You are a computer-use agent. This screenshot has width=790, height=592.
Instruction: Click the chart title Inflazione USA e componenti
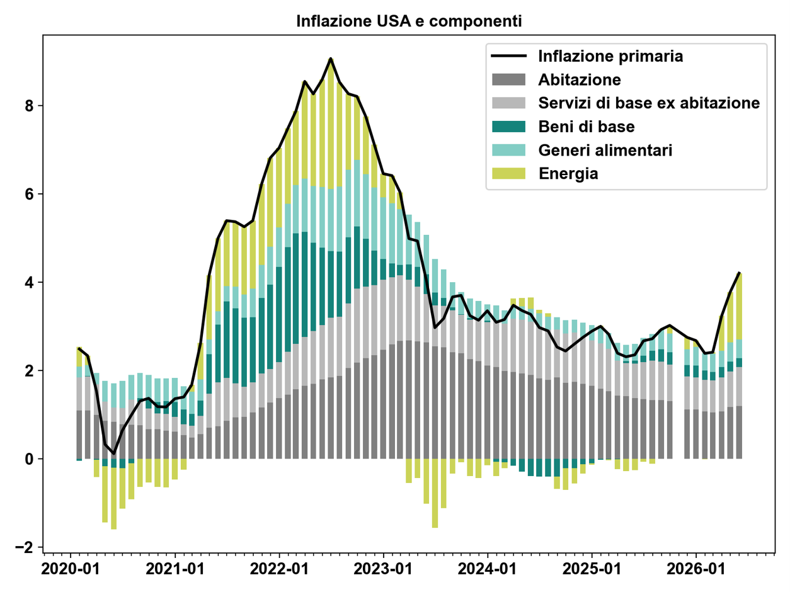point(409,21)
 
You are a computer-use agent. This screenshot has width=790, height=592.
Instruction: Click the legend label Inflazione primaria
point(610,56)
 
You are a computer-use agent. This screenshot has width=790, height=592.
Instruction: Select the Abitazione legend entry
point(580,79)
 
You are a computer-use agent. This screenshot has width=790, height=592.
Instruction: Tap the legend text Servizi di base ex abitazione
point(649,103)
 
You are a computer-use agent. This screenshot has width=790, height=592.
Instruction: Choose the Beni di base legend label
point(587,127)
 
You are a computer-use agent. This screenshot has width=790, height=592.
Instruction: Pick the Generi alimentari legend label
point(605,150)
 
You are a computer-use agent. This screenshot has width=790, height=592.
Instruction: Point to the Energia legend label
point(568,174)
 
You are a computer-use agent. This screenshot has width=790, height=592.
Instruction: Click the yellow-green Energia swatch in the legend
point(508,173)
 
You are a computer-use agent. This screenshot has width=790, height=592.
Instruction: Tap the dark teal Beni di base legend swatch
point(508,126)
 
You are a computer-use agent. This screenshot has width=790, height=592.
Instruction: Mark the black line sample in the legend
point(508,56)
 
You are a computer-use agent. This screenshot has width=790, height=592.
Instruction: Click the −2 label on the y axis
point(25,547)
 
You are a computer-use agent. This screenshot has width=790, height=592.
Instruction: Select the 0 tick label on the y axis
point(29,459)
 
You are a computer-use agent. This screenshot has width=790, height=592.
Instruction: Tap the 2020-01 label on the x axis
point(71,569)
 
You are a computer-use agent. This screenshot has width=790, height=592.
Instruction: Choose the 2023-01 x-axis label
point(383,569)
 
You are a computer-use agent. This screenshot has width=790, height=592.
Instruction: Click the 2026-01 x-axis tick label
point(696,569)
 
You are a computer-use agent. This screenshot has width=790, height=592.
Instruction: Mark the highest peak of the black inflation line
point(330,59)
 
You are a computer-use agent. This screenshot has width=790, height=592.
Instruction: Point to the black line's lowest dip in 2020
point(114,453)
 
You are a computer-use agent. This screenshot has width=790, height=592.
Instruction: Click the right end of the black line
point(739,273)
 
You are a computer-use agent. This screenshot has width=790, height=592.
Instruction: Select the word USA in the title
point(394,21)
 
